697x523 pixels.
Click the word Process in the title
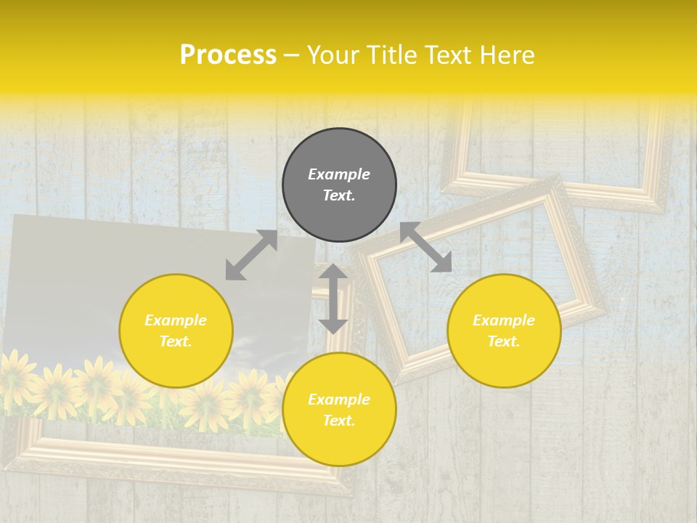[228, 55]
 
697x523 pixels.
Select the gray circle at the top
[339, 185]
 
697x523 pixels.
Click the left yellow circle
[176, 331]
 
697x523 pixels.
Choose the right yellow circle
[504, 331]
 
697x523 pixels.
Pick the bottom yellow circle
[339, 409]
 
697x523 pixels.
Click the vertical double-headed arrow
[333, 299]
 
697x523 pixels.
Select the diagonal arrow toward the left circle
[251, 255]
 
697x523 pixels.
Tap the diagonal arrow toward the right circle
[425, 247]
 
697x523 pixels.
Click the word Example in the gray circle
[339, 174]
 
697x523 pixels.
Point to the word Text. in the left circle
[176, 341]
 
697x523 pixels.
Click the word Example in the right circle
[504, 320]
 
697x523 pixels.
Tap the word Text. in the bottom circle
[339, 421]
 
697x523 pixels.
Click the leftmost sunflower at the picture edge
[15, 374]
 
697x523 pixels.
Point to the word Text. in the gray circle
[339, 195]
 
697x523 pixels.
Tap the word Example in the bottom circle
[339, 400]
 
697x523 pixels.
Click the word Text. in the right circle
[504, 341]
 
